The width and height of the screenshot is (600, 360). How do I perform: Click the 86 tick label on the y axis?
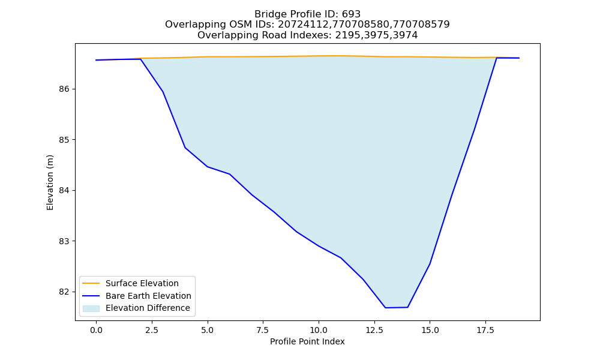pos(64,89)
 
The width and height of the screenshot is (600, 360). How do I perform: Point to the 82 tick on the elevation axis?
pos(64,292)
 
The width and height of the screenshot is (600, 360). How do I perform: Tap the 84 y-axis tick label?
pos(64,191)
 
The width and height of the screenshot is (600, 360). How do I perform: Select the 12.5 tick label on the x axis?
pos(374,330)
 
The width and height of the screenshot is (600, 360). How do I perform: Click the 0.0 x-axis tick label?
pos(96,330)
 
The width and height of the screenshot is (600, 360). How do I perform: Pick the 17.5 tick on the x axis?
pos(485,330)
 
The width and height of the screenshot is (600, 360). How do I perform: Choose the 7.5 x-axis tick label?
pos(263,330)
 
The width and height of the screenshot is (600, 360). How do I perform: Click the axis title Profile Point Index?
pos(307,341)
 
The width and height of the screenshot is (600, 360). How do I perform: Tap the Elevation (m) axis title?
pos(50,182)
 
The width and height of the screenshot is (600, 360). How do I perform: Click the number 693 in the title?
pos(351,14)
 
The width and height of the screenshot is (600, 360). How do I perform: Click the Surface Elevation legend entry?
pos(142,283)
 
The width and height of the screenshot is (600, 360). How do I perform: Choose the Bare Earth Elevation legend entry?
pos(148,296)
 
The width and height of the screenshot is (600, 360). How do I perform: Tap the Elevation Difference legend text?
pos(148,308)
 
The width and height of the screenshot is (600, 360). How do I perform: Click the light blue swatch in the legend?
pos(91,308)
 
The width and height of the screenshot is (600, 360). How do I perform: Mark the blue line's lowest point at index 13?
pos(385,308)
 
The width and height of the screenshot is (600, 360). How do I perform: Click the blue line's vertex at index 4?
pos(185,148)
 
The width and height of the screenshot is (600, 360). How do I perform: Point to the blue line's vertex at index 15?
pos(430,263)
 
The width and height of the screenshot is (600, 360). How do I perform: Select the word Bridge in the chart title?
pos(268,14)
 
